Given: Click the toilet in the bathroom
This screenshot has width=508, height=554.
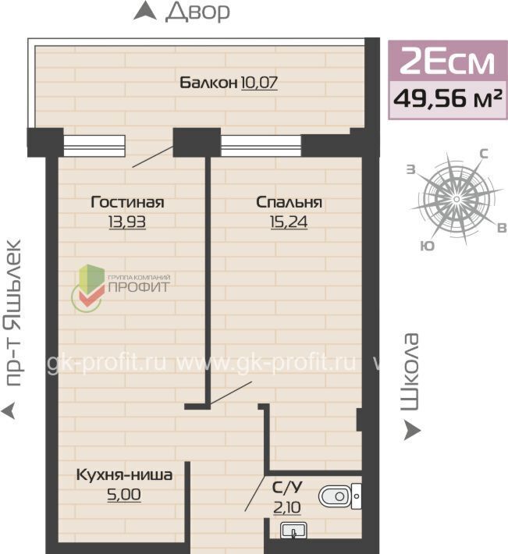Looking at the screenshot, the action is click(340, 496).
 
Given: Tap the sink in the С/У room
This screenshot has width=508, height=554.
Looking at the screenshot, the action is click(293, 531).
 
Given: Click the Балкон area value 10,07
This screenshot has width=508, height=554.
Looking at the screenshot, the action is click(259, 83).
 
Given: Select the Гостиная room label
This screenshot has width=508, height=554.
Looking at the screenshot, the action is click(127, 202).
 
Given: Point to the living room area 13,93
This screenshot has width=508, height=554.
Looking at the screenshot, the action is click(127, 222).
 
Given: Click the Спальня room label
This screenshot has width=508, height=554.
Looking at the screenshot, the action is click(289, 202).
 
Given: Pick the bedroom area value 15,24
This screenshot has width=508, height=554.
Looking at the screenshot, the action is click(289, 222).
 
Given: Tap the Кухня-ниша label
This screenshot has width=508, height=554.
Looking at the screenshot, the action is click(124, 475).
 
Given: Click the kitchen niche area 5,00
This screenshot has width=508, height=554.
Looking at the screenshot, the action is click(124, 494).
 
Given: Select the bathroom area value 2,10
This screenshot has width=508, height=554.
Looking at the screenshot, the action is click(287, 508).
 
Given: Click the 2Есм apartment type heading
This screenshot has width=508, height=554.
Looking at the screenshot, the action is click(447, 61).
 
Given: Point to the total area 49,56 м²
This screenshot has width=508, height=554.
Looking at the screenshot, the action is click(448, 99).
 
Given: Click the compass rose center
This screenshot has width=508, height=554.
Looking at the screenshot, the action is click(456, 199).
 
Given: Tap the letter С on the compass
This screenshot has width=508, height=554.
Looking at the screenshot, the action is click(484, 154).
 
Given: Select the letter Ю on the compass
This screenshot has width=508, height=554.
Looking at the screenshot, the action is click(428, 246).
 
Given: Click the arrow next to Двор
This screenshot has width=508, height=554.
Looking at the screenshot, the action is click(145, 11).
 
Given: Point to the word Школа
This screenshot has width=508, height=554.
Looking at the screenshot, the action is click(410, 371).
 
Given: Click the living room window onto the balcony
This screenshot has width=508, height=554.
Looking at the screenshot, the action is click(94, 146).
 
